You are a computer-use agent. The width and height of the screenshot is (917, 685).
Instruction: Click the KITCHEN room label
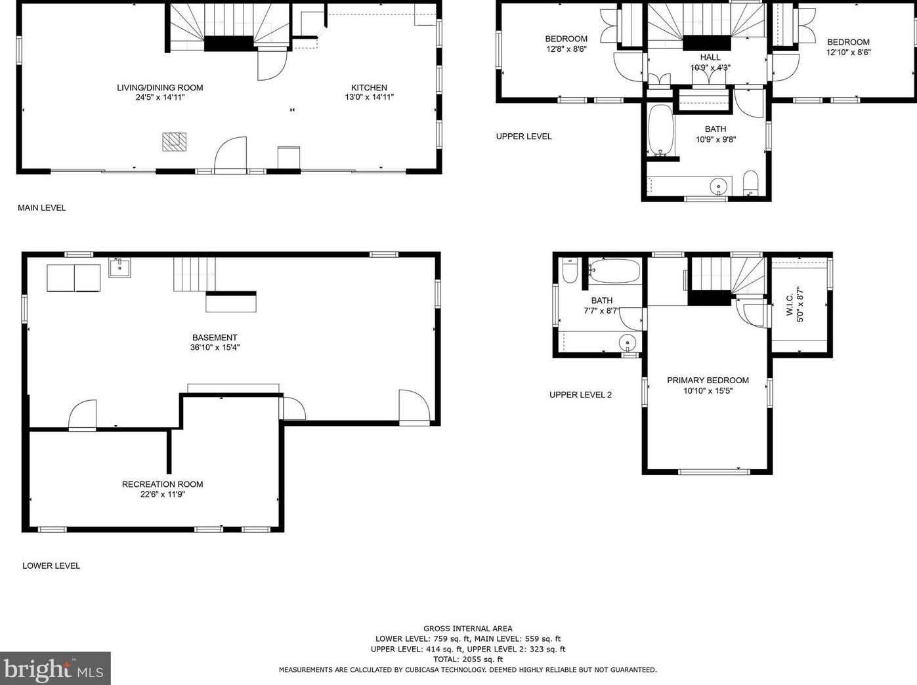click(x=369, y=87)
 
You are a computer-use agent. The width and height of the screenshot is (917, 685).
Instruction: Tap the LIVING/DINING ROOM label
click(x=160, y=87)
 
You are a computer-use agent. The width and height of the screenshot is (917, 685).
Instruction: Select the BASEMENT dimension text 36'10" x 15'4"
click(x=215, y=348)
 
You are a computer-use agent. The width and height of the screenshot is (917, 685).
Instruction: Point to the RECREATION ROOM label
click(x=162, y=484)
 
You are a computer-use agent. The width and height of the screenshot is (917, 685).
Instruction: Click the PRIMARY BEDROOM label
click(x=708, y=380)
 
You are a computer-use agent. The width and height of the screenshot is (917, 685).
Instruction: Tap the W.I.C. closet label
click(x=790, y=305)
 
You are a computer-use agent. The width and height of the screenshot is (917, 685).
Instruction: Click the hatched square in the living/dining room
click(x=174, y=142)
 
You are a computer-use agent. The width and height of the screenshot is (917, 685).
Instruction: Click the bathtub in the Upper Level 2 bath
click(x=614, y=270)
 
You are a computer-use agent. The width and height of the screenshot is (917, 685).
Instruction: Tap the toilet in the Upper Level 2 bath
click(x=570, y=270)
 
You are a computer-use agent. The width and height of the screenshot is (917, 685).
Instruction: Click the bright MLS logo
click(x=55, y=669)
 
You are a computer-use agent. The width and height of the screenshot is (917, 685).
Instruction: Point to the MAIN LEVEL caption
click(x=41, y=207)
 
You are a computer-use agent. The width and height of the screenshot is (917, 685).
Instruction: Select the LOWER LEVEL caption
click(x=51, y=566)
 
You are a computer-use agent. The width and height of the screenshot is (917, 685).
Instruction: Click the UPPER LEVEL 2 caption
click(x=580, y=394)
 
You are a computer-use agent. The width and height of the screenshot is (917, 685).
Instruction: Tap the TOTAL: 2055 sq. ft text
click(x=467, y=659)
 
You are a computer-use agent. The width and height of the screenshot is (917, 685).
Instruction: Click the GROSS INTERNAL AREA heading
click(x=467, y=629)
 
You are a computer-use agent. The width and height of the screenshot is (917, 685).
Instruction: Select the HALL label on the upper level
click(x=710, y=57)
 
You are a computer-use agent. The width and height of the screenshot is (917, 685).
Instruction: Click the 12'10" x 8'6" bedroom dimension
click(x=848, y=52)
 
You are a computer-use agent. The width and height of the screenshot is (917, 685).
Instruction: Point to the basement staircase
click(x=194, y=274)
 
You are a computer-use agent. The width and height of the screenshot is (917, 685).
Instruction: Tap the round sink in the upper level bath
click(x=719, y=186)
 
